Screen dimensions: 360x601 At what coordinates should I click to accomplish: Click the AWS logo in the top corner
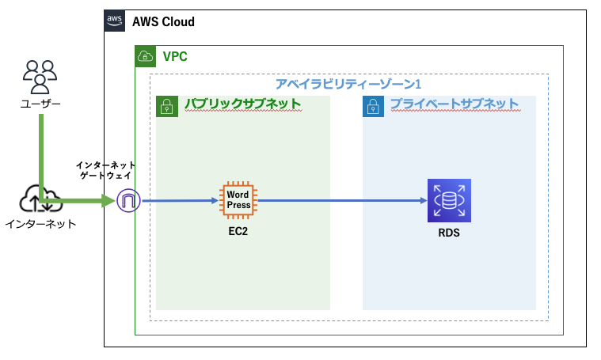coord(115,21)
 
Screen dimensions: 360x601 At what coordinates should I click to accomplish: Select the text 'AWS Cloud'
coord(163,21)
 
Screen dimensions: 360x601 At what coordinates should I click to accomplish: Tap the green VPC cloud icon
coord(146,56)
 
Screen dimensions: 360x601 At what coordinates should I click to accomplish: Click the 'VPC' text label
coord(175,56)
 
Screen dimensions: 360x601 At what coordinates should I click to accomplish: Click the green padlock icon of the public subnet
coord(166,106)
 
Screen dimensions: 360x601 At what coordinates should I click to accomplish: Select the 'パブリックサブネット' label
coord(242,104)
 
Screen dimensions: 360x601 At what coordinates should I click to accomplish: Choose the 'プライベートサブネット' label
coord(454,104)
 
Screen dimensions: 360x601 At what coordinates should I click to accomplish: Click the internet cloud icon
coord(40,199)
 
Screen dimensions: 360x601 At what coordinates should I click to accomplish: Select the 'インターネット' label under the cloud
coord(40,224)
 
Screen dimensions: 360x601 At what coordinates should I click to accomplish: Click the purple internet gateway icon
coord(128,201)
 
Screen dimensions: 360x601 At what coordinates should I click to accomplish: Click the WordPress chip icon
coord(238,199)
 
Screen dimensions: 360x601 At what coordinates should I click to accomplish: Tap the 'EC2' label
coord(238,233)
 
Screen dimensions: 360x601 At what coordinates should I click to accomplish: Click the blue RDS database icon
coord(449,200)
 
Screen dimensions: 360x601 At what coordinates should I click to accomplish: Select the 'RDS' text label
coord(449,233)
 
